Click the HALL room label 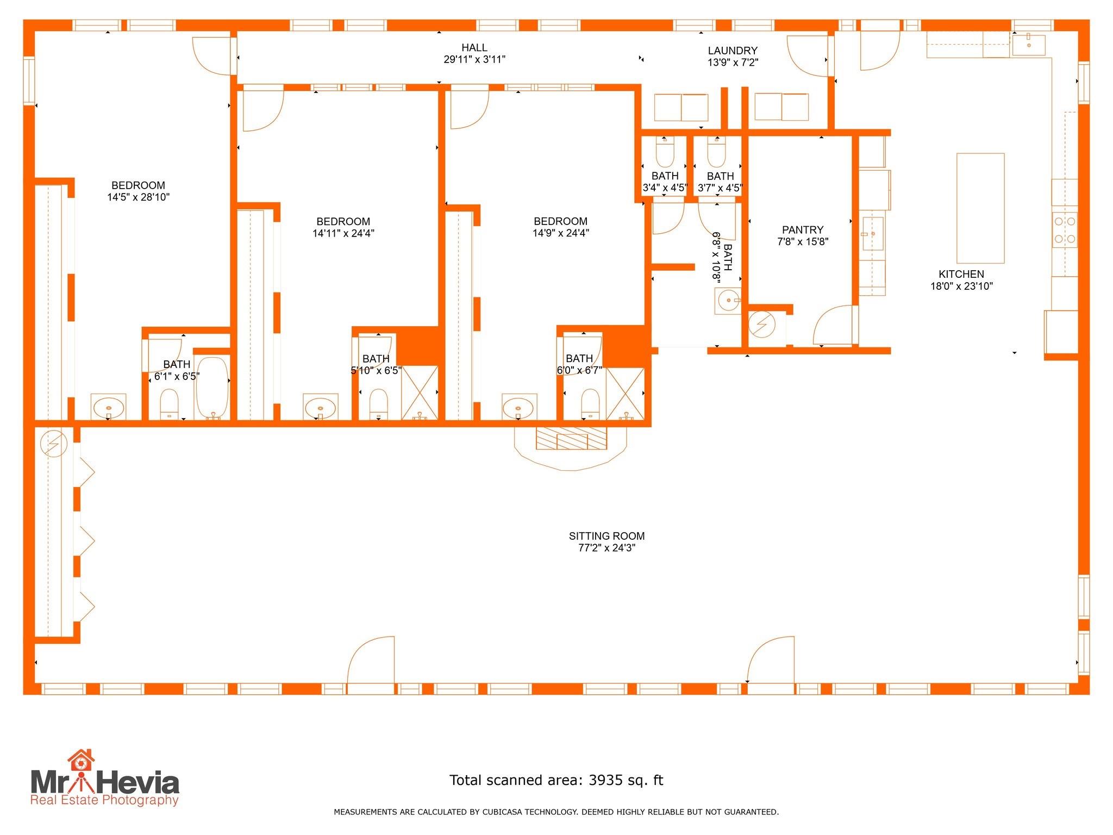[474, 48]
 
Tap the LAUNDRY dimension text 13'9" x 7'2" [733, 63]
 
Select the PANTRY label [803, 230]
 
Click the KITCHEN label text [961, 275]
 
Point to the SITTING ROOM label [606, 536]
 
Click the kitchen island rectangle [980, 208]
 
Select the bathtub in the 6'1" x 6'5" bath [212, 388]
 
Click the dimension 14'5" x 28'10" [139, 197]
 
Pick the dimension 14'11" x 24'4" [343, 234]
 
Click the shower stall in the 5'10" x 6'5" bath [420, 392]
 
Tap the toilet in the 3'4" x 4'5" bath [665, 152]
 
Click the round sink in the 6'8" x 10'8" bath [728, 301]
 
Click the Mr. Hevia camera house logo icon [81, 761]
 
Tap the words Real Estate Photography [104, 800]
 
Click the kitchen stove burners [1065, 230]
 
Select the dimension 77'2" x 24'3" [606, 548]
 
